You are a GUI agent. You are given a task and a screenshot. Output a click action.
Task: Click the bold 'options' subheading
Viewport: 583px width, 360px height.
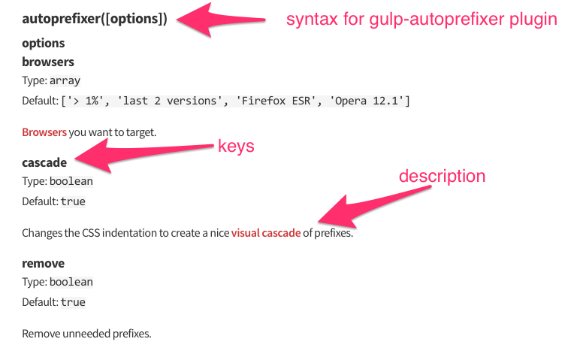44,43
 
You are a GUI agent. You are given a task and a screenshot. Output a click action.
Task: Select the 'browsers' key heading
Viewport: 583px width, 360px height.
48,62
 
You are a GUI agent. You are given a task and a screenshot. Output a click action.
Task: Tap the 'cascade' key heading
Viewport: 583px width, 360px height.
44,162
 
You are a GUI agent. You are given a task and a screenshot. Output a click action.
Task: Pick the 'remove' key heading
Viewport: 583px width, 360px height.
43,263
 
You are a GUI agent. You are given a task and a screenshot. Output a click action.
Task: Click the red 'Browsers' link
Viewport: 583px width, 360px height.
44,132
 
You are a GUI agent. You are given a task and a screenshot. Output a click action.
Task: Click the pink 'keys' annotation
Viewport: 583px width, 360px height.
236,147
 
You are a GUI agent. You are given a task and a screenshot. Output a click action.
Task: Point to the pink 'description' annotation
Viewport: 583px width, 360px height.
442,177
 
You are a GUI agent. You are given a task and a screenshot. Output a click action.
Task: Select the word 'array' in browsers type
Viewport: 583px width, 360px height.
65,80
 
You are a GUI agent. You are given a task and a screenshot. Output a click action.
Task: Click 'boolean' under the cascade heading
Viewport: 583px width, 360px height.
71,181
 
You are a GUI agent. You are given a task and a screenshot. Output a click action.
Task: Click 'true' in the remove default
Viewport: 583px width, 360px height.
73,302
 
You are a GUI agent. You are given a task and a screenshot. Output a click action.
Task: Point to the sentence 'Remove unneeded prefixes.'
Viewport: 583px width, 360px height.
86,333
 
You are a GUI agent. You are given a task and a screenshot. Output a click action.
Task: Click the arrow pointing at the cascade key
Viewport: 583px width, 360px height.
143,155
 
